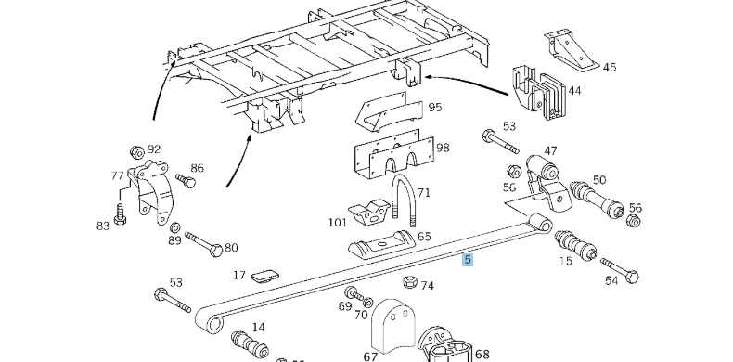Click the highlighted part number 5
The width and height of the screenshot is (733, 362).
tap(468, 261)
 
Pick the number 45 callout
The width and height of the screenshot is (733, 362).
tap(609, 67)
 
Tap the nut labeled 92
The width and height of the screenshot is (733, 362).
tap(135, 149)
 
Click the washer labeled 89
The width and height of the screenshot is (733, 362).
tap(175, 227)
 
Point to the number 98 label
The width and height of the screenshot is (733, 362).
tap(443, 148)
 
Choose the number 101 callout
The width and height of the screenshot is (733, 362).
tap(337, 222)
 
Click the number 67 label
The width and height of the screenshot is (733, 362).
tap(370, 356)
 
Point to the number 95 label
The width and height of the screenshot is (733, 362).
tap(434, 108)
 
